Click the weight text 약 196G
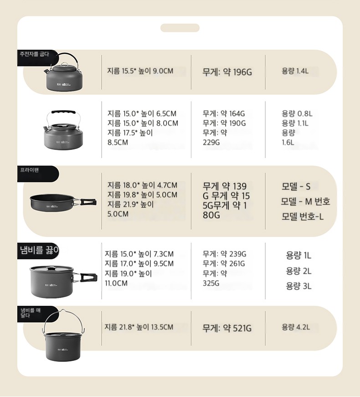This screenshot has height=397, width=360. [x=237, y=72]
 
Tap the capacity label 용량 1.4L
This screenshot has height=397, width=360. [x=295, y=71]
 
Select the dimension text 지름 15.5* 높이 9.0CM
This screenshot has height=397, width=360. [x=140, y=71]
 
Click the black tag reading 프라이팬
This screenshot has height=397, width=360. [x=38, y=174]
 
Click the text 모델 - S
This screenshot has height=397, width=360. [x=296, y=186]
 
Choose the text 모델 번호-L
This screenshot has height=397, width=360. [x=303, y=217]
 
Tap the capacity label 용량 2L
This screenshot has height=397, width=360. [x=299, y=271]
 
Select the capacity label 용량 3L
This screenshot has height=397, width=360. [x=299, y=286]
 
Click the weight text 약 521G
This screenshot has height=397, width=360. [x=237, y=328]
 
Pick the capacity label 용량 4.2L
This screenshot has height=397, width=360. [x=296, y=327]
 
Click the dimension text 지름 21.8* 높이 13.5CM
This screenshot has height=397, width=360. [x=139, y=327]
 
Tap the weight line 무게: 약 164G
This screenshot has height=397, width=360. [x=224, y=113]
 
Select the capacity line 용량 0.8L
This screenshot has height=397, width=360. [x=297, y=113]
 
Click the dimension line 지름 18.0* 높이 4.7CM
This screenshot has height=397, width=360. [x=142, y=185]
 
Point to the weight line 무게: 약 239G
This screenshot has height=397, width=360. [x=224, y=254]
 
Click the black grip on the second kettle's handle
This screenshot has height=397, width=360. [x=63, y=112]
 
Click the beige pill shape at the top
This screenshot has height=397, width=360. [x=180, y=28]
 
